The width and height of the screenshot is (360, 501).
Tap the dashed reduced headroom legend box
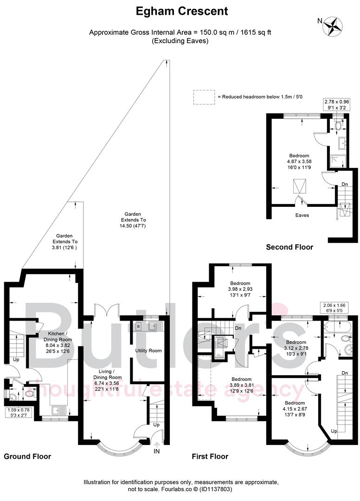coord(204,96)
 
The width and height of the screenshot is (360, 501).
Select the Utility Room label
coord(148,351)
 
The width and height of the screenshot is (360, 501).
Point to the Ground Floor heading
coord(27,456)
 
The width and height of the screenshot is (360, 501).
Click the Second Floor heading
coord(289,247)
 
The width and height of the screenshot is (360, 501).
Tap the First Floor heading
coord(210,456)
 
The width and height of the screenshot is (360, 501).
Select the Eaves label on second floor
coord(302,215)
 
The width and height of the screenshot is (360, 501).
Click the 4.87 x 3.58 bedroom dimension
coord(299,161)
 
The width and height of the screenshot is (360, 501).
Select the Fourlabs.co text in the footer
coord(177,489)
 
